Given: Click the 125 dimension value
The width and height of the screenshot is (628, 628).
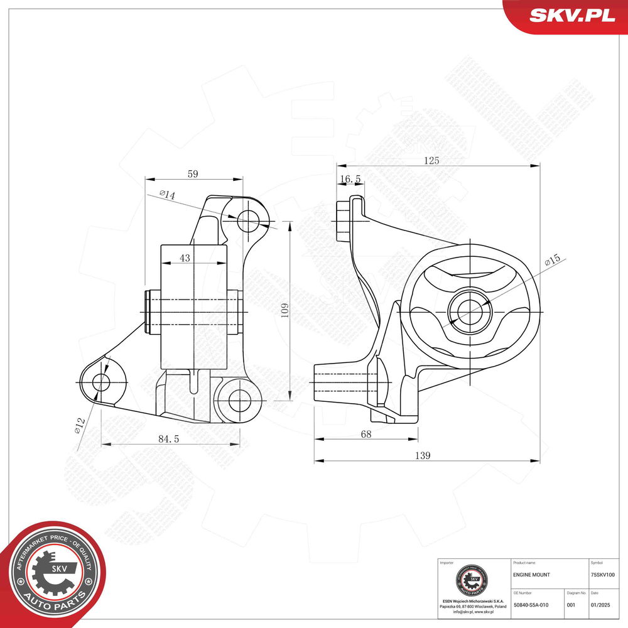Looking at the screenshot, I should click(x=431, y=161).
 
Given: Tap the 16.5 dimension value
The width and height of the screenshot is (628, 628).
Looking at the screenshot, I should click(x=350, y=179).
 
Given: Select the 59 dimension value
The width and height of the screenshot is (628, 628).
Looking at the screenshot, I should click(x=192, y=174).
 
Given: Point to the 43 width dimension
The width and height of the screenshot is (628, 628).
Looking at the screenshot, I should click(x=185, y=258).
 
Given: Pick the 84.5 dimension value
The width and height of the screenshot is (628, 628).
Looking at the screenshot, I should click(x=168, y=439).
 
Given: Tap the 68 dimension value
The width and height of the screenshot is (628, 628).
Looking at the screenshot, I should click(x=365, y=433).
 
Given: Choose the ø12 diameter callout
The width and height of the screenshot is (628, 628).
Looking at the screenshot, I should click(x=80, y=425).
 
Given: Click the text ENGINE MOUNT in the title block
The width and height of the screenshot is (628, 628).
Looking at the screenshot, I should click(x=532, y=575).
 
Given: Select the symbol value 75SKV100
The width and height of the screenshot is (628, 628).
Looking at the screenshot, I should click(x=603, y=575).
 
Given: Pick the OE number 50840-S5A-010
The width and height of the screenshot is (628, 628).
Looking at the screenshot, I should click(x=531, y=605).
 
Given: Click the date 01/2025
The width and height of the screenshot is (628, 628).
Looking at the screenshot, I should click(x=600, y=605).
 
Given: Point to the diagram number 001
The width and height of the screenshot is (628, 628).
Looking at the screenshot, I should click(x=571, y=605).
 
